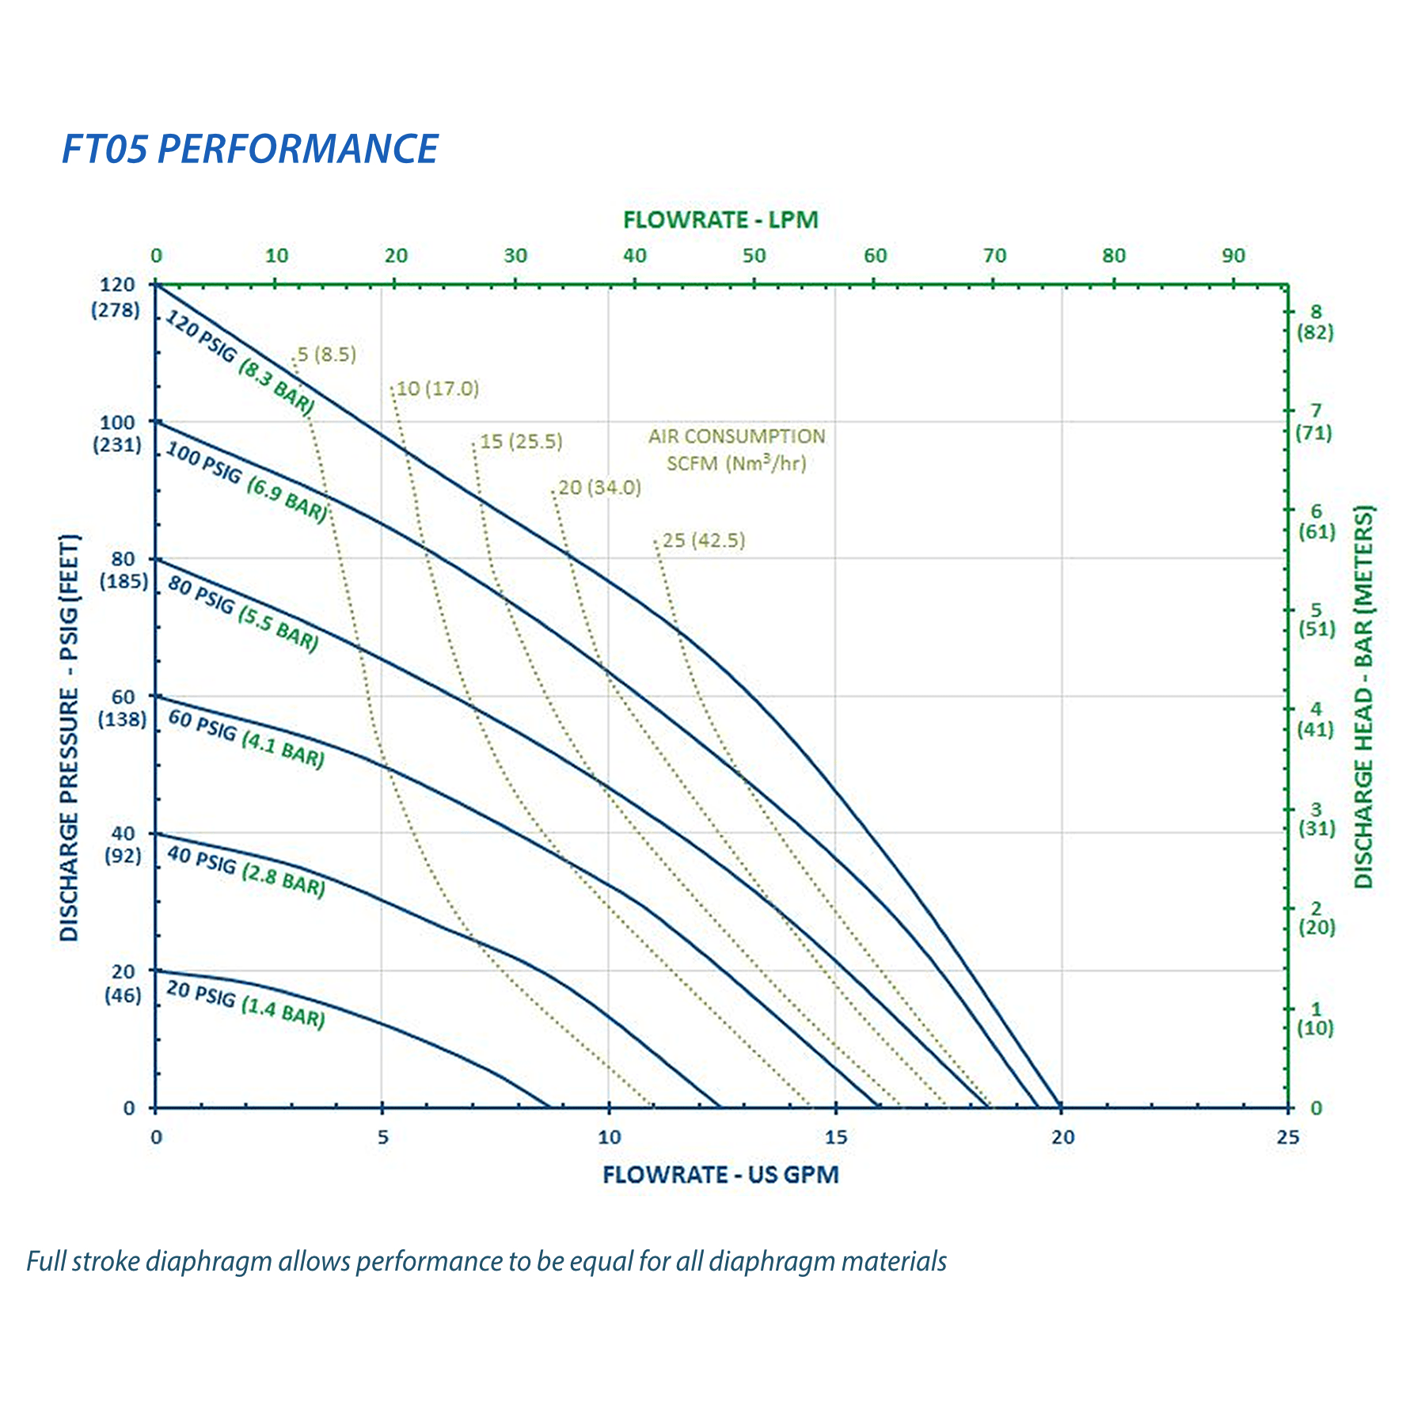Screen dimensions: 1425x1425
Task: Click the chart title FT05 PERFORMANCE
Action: point(250,149)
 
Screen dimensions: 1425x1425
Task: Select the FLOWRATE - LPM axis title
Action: point(720,220)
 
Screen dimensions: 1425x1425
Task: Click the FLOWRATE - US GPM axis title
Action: point(720,1174)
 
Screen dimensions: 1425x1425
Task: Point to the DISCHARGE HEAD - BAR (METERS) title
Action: point(1364,697)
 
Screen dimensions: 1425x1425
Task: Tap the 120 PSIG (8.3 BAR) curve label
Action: point(240,362)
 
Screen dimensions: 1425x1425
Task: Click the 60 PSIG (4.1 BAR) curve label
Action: point(246,739)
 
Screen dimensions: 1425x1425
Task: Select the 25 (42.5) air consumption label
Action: point(703,541)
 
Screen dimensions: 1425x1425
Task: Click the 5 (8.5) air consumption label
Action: point(326,355)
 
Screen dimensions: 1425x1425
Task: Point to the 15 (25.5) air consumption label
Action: point(521,442)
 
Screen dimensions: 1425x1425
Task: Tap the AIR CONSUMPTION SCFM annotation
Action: point(736,450)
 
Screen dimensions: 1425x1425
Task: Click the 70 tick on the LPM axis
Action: point(994,256)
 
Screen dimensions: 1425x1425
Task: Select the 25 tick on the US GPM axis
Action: point(1288,1137)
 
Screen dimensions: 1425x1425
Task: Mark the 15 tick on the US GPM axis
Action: point(835,1137)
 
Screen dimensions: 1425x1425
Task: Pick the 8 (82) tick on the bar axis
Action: point(1315,322)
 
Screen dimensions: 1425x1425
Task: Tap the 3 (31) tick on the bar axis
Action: point(1316,819)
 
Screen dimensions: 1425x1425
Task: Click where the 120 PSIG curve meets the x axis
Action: point(1061,1107)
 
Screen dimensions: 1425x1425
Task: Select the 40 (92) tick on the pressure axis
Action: point(123,844)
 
